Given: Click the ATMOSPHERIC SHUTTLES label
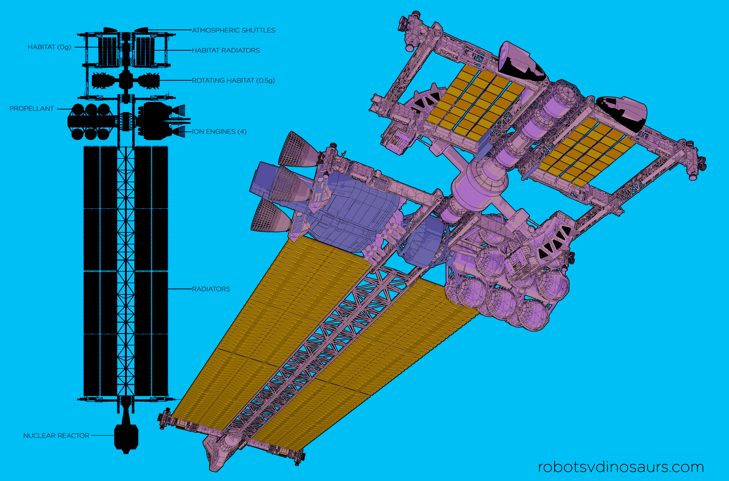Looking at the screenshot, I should (234, 30).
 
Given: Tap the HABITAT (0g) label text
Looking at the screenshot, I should (49, 47).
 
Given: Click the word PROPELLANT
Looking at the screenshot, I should (32, 109).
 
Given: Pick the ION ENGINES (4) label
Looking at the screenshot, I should (219, 132).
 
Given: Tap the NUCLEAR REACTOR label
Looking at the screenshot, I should (56, 436).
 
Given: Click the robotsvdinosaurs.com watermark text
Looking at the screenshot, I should (621, 467).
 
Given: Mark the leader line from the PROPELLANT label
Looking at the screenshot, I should (64, 109).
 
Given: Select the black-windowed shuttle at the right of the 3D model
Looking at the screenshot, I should (623, 113).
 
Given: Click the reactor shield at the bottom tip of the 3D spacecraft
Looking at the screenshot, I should (219, 454).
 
